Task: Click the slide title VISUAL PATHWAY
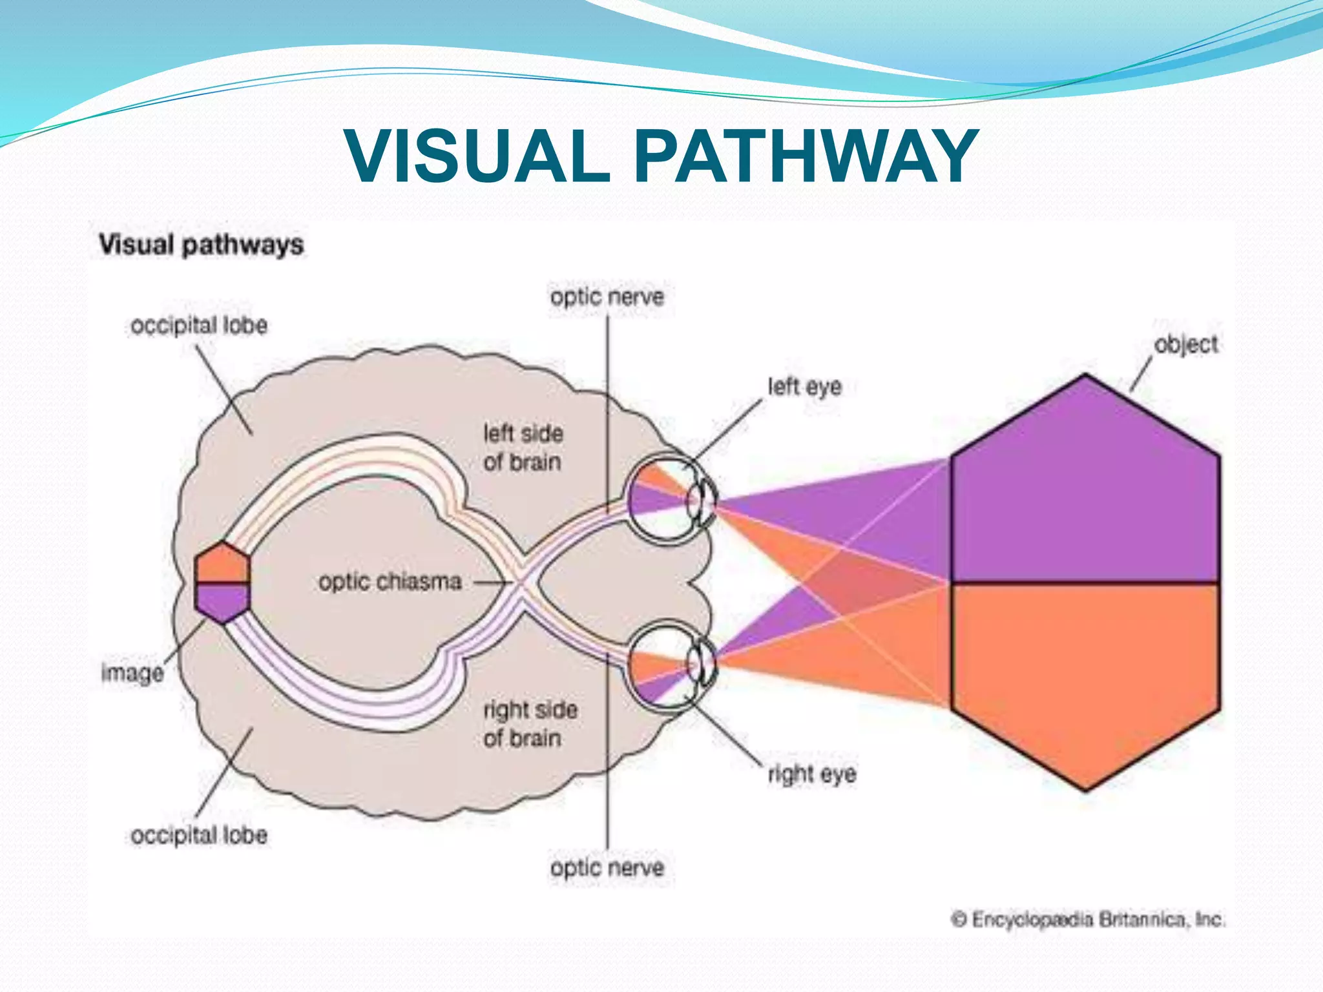[661, 156]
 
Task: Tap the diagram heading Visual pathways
[201, 245]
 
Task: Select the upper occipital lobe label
[199, 325]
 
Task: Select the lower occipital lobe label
[199, 835]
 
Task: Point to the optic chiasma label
[390, 582]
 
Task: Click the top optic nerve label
[607, 297]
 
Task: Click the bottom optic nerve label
[607, 867]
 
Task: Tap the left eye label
[804, 387]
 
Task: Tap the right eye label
[811, 773]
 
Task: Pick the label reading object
[1186, 344]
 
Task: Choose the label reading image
[132, 673]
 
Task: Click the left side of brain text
[523, 448]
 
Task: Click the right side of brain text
[530, 724]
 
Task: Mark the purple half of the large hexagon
[1085, 491]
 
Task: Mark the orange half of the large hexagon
[1085, 672]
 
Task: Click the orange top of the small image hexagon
[223, 564]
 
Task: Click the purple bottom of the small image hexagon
[223, 601]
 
